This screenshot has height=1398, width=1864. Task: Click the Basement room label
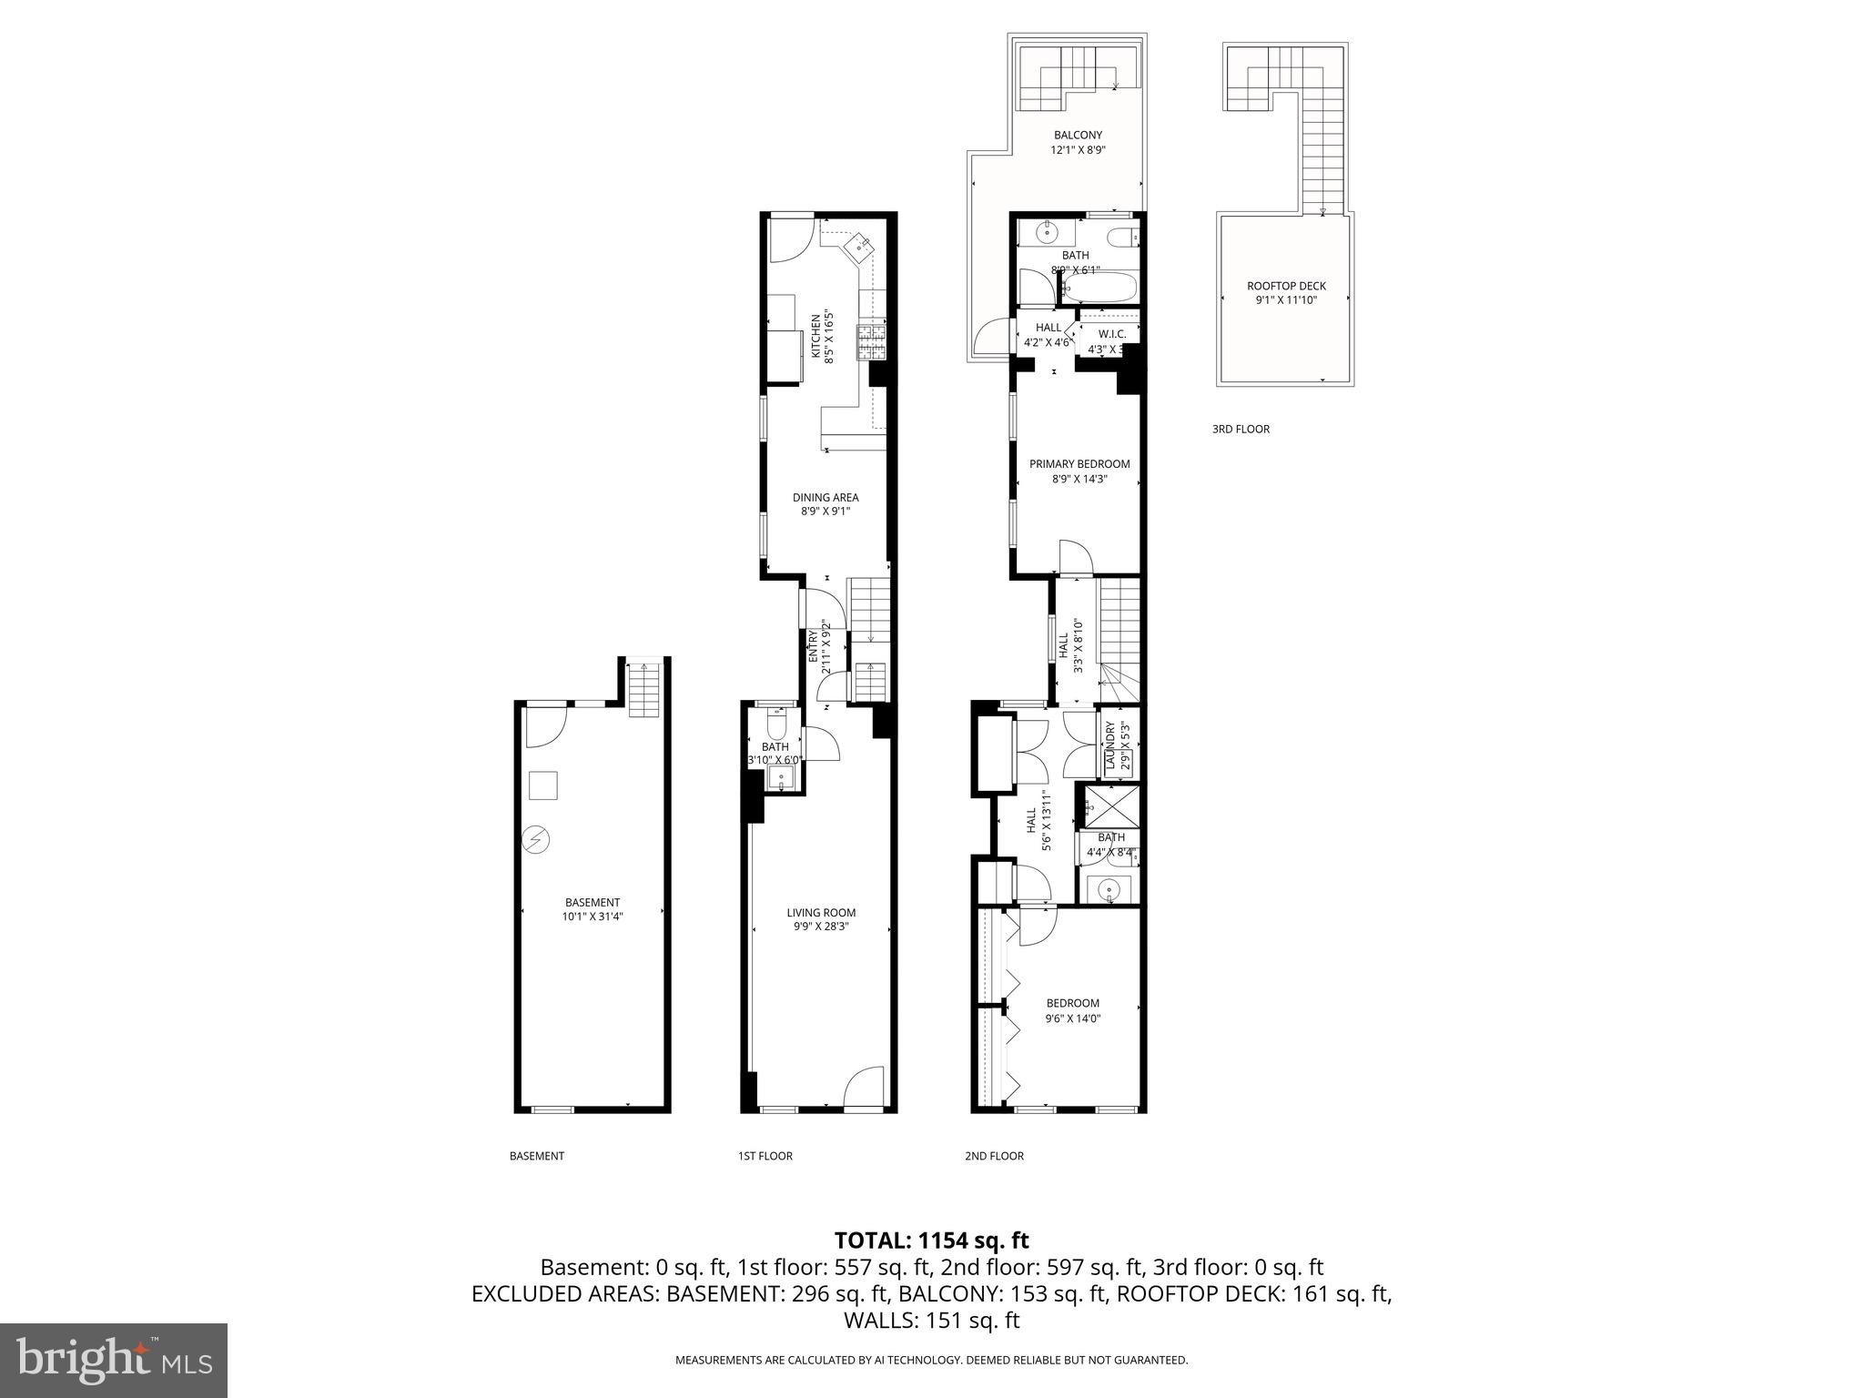pos(592,902)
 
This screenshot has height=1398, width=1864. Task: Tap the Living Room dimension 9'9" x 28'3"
pos(821,927)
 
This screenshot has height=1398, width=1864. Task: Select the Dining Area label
pos(825,497)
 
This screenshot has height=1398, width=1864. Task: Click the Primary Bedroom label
pos(1079,463)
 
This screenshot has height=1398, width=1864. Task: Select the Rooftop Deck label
pos(1286,286)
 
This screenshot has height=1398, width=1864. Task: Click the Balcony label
pos(1078,136)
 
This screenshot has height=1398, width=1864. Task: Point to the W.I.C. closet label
pos(1111,334)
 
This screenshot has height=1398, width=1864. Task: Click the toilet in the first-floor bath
pos(776,725)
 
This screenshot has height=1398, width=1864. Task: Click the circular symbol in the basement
pos(535,838)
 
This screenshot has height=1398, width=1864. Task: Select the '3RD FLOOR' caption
pos(1240,429)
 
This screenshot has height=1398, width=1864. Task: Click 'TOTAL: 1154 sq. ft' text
pos(931,1241)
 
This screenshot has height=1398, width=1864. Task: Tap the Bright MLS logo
pos(114,1360)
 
